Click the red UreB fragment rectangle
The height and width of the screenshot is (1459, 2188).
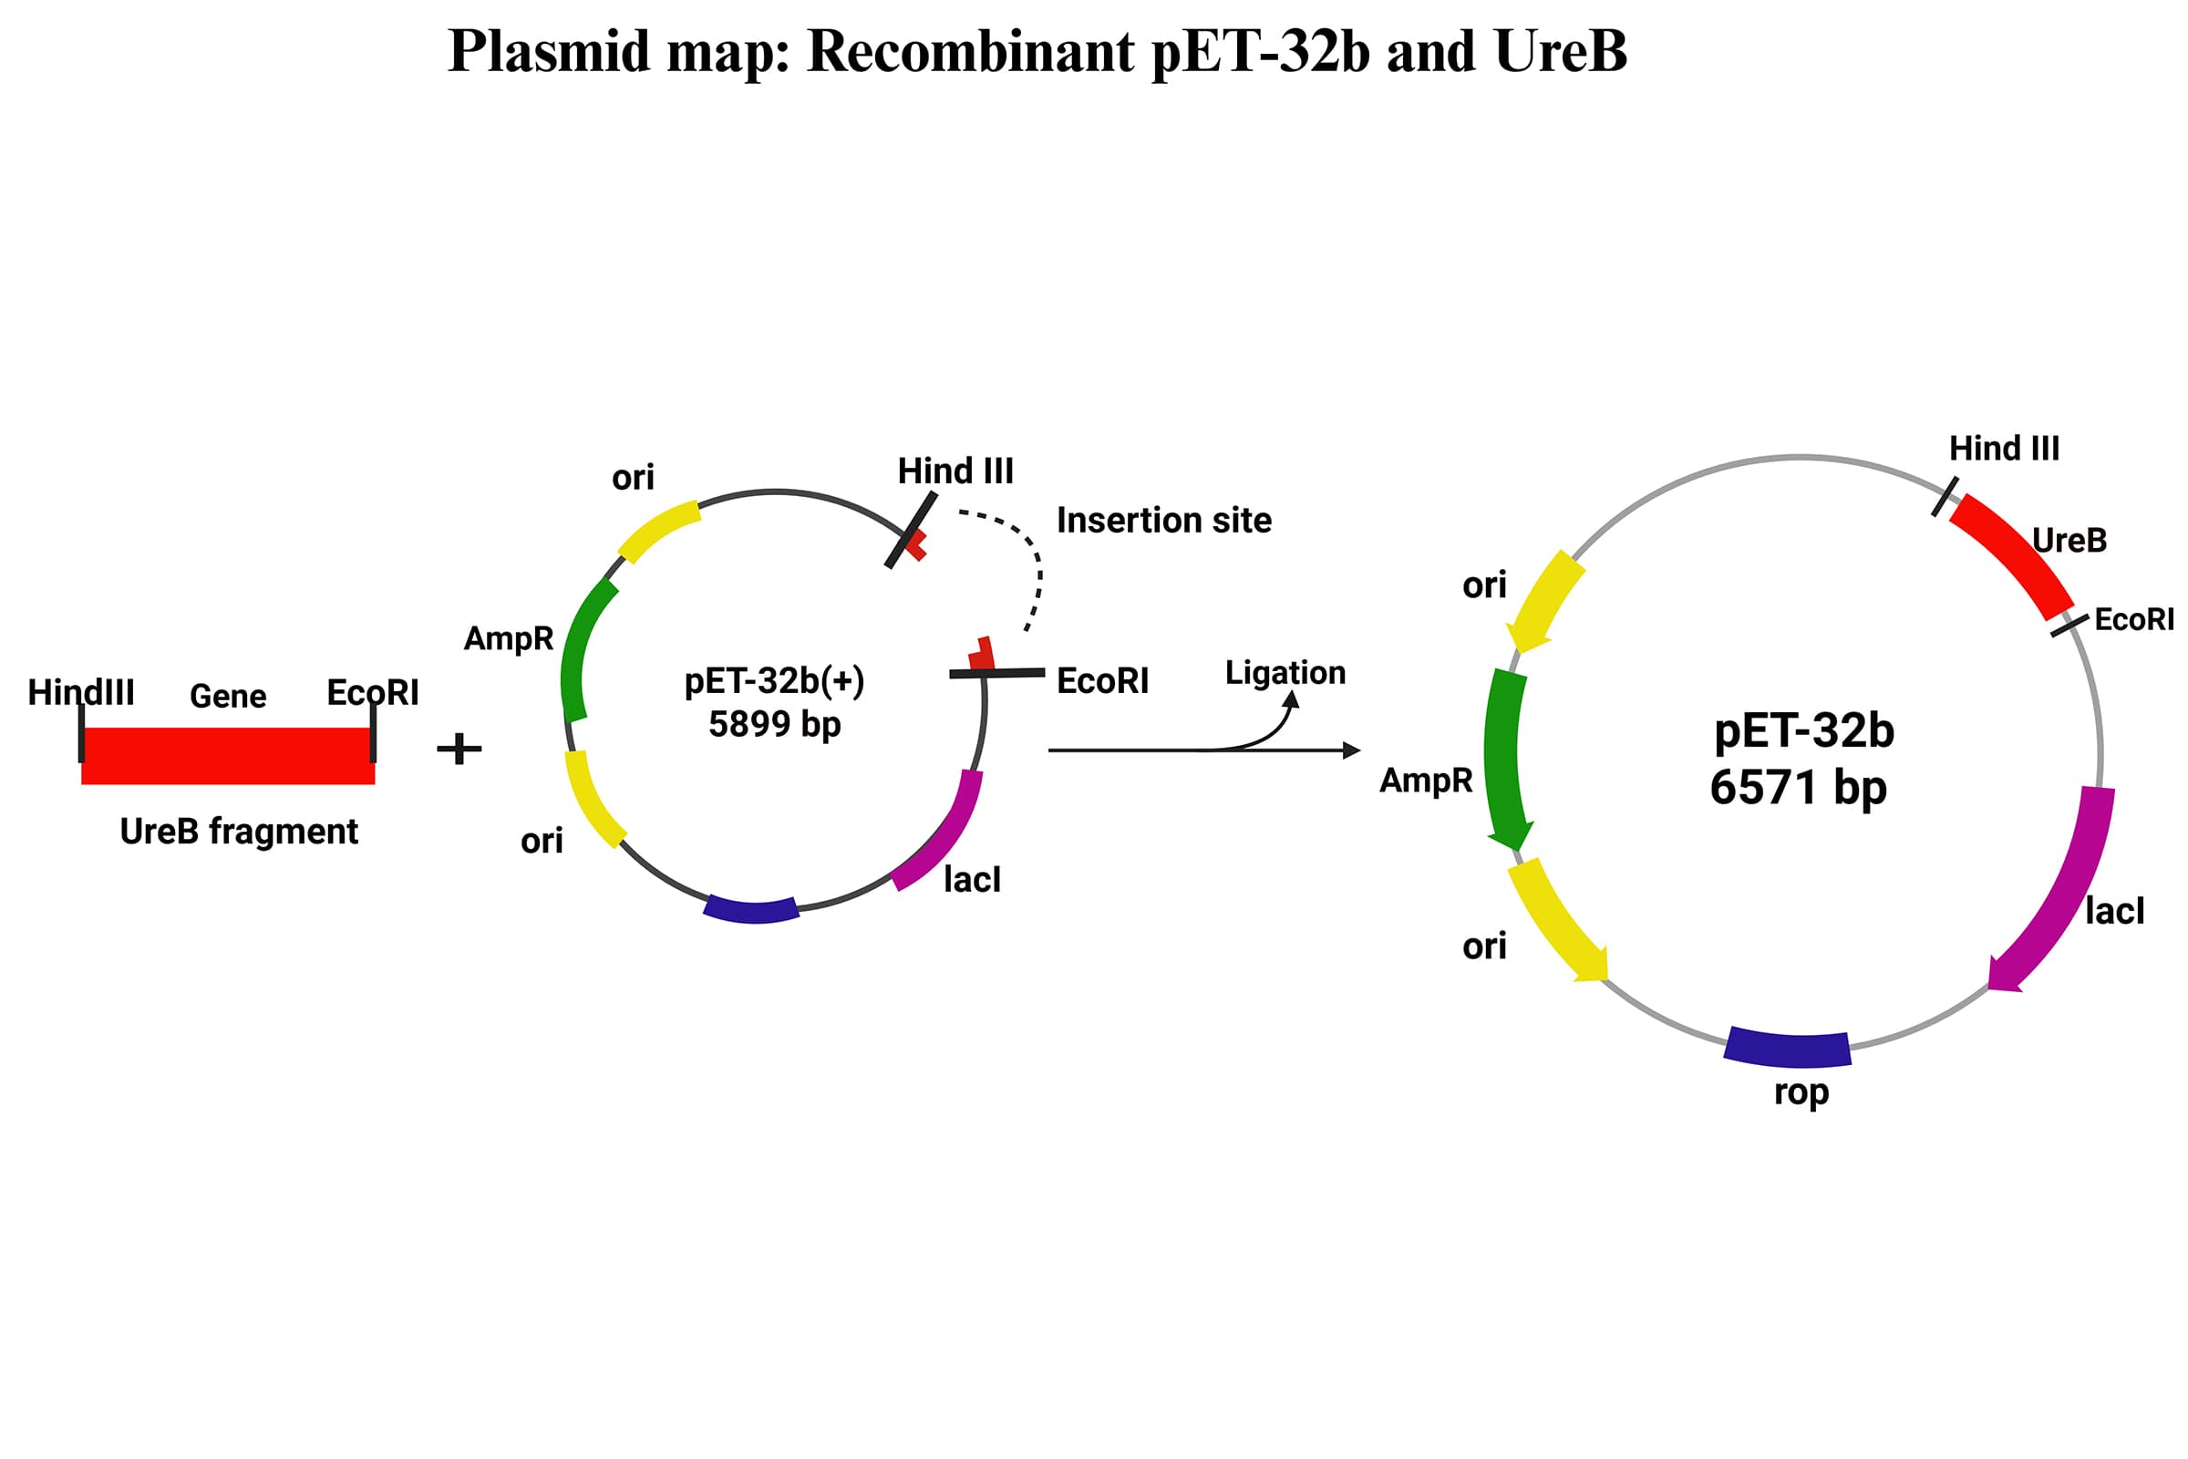pos(228,756)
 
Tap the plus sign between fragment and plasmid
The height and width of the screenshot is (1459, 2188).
pos(459,748)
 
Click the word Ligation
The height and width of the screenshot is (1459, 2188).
pos(1285,672)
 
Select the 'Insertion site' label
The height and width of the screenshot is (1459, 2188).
pos(1164,520)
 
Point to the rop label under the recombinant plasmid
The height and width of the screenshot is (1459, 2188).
pos(1801,1092)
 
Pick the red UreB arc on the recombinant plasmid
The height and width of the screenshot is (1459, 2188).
pos(2013,555)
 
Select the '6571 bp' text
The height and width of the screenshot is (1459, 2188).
pos(1798,788)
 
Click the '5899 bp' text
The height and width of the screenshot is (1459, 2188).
pos(774,724)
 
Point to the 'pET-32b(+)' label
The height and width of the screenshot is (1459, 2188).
pos(774,681)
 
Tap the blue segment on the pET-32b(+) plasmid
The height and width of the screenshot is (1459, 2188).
pos(751,909)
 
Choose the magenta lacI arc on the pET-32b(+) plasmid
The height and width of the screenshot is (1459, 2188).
pos(944,833)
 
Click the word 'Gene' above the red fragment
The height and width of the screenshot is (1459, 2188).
pos(228,696)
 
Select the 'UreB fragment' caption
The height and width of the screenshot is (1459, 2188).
pos(238,831)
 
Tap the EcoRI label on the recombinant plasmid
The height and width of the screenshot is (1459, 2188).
pos(2134,620)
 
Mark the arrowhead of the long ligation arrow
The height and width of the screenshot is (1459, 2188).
pos(1352,750)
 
